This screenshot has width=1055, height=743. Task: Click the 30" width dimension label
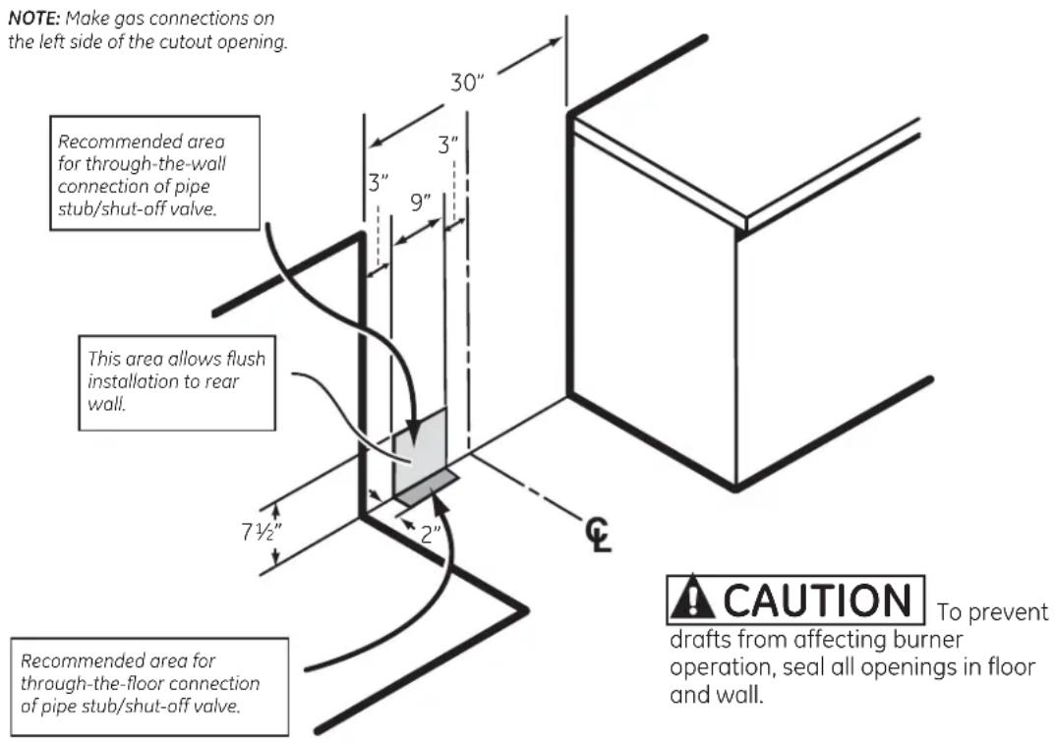(467, 83)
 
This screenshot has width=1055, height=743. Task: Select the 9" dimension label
(421, 201)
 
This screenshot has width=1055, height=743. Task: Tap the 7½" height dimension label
(262, 532)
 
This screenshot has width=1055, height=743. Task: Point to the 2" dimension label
(431, 535)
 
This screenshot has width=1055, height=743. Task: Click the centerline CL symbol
(598, 535)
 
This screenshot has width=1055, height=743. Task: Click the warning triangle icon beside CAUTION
(692, 599)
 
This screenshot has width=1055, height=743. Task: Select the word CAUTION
(817, 600)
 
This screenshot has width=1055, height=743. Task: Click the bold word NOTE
(34, 18)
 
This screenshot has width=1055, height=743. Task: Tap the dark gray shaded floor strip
(428, 487)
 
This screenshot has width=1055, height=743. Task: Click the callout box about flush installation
(177, 382)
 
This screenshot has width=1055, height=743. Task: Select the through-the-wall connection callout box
(154, 174)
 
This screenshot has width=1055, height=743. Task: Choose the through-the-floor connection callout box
(150, 686)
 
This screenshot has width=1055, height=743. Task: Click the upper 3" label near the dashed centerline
(448, 144)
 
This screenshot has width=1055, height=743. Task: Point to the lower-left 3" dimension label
(379, 183)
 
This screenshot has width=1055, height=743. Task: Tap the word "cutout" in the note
(188, 41)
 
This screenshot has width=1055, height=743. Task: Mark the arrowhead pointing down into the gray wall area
(413, 430)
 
